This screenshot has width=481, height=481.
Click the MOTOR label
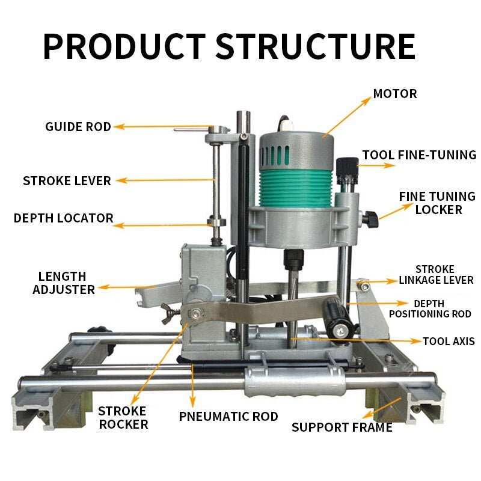tap(395, 94)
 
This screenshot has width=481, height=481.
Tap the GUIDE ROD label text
tap(78, 127)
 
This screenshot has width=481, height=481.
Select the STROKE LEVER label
tap(67, 181)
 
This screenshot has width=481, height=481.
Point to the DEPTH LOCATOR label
tap(64, 218)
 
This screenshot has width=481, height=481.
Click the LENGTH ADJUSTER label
tap(64, 283)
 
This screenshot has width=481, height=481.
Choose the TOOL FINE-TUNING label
tap(419, 155)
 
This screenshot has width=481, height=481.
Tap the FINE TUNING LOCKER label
tap(437, 203)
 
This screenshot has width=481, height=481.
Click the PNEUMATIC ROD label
tap(228, 416)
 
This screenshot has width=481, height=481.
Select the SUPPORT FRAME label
tap(342, 427)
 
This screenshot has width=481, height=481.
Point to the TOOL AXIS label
tap(449, 341)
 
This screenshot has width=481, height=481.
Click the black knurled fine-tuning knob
tap(347, 171)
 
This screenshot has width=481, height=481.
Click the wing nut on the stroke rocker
tap(168, 313)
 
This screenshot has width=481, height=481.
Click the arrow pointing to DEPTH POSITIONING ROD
tap(378, 304)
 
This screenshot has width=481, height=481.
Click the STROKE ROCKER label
tap(123, 417)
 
